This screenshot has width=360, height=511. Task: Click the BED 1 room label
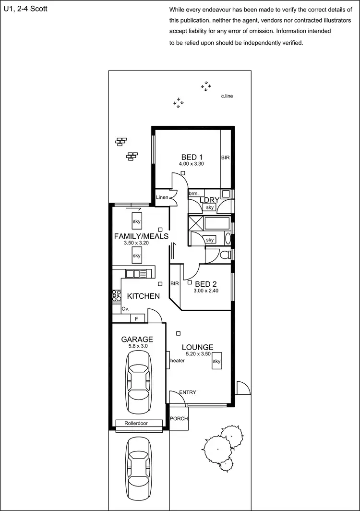tap(192, 157)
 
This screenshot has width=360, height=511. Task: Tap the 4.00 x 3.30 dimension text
tap(192, 164)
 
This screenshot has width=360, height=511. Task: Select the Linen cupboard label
tap(162, 197)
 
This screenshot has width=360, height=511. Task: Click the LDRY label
tap(209, 200)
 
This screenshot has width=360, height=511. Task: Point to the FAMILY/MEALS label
tap(141, 236)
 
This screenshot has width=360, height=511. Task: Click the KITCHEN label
tap(143, 296)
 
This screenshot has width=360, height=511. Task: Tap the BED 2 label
tap(205, 284)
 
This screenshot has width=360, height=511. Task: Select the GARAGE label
tap(137, 339)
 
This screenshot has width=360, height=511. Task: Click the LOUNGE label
tap(197, 347)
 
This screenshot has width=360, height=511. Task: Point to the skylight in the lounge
tap(216, 362)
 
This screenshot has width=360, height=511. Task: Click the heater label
tap(178, 361)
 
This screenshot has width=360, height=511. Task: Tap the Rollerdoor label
tap(136, 423)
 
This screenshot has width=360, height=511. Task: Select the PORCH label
tap(179, 418)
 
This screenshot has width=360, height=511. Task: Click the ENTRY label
tap(187, 392)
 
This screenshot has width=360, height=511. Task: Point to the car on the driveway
tap(141, 463)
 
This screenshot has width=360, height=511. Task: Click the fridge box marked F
tap(137, 318)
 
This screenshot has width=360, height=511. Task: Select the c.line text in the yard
tap(227, 97)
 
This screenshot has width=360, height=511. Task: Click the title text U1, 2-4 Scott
tap(25, 9)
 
